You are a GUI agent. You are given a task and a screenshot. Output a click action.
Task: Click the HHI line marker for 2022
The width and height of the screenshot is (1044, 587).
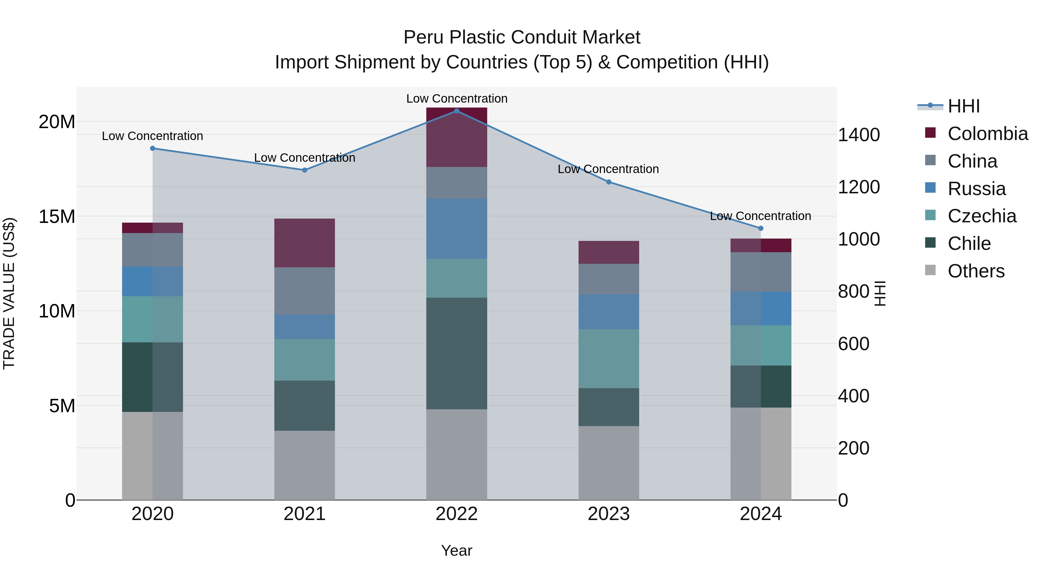pos(456,111)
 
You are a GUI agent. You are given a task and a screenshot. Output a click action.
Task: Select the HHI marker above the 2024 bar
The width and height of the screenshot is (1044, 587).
pos(760,228)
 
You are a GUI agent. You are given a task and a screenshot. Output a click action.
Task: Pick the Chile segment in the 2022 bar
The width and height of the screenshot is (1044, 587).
pos(456,353)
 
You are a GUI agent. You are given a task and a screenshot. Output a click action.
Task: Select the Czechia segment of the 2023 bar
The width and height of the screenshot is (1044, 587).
pos(608,359)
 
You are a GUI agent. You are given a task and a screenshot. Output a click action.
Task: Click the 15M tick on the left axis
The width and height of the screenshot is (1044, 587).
pos(57,217)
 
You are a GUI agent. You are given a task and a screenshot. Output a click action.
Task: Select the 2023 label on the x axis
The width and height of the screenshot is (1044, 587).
pos(608,514)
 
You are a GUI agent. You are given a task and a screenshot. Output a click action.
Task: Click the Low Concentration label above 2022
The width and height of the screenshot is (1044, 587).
pos(456,99)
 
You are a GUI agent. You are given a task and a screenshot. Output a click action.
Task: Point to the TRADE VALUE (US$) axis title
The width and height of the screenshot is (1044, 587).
pos(9,293)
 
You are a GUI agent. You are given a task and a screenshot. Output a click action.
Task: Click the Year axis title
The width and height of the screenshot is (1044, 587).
pos(456,550)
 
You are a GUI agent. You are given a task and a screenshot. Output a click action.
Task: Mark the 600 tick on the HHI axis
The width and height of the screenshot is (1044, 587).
pos(853,344)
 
